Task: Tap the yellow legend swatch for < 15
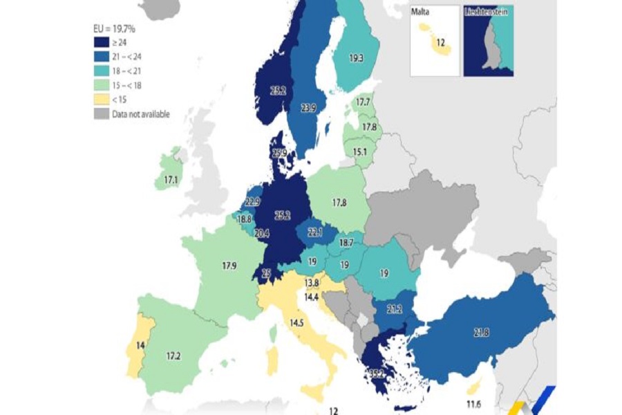(x=102, y=100)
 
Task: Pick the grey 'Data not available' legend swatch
(x=102, y=115)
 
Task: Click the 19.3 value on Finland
(x=356, y=59)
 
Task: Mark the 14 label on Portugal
(x=140, y=344)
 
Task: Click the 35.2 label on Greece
(x=377, y=374)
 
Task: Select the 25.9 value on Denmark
(x=280, y=153)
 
